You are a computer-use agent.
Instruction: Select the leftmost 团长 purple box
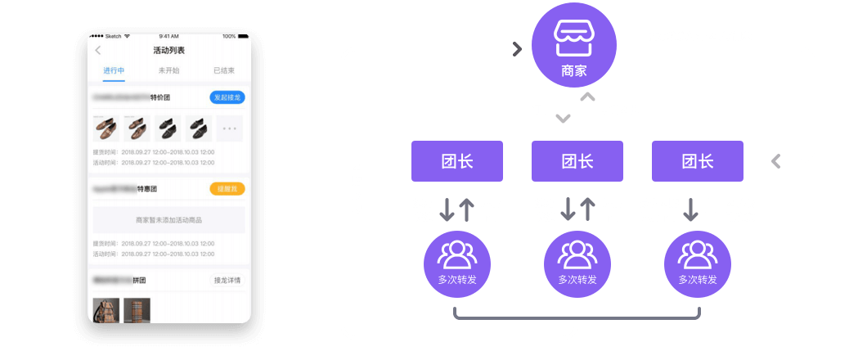pyautogui.click(x=457, y=161)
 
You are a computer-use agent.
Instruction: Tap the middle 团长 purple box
pyautogui.click(x=577, y=161)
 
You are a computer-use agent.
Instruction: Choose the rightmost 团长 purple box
pyautogui.click(x=698, y=161)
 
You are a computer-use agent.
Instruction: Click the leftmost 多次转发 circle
pyautogui.click(x=457, y=263)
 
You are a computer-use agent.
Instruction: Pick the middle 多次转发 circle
pyautogui.click(x=577, y=263)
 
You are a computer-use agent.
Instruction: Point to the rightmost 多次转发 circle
pyautogui.click(x=698, y=263)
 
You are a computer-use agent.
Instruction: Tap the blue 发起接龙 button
pyautogui.click(x=227, y=97)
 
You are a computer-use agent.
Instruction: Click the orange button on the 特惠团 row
pyautogui.click(x=227, y=189)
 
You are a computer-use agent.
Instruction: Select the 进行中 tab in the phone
pyautogui.click(x=115, y=71)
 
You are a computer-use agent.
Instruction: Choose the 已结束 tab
pyautogui.click(x=224, y=71)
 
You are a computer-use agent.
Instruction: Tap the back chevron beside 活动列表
pyautogui.click(x=98, y=51)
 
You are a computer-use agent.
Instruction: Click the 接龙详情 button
pyautogui.click(x=227, y=281)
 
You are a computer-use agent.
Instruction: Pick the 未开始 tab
pyautogui.click(x=169, y=71)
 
